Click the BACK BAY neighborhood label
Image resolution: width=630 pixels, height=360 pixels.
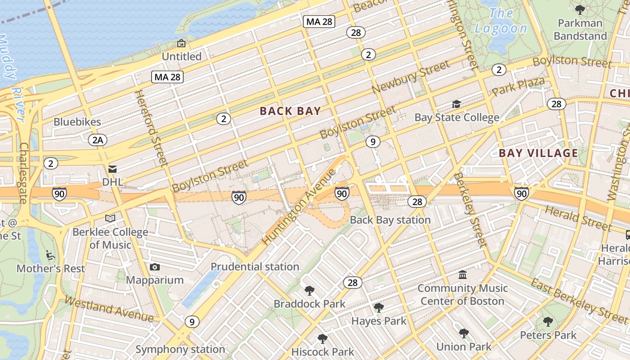pos(290,111)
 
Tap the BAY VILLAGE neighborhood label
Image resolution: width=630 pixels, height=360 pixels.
pos(538,153)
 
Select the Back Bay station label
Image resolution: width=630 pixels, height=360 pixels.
pos(390,220)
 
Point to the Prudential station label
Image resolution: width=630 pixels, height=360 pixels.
pos(255,267)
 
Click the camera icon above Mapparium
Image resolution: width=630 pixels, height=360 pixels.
pos(155,267)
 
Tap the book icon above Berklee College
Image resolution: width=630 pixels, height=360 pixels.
pos(110,219)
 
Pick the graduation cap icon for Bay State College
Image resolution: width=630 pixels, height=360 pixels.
pos(456,104)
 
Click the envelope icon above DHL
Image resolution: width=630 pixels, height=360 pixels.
pos(112,169)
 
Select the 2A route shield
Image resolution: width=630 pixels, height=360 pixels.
pos(98,140)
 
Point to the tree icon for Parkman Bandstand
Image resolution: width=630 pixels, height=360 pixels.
pos(580,9)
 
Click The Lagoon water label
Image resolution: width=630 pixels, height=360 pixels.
pos(501,21)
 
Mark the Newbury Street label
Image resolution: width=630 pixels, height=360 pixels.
pos(411,77)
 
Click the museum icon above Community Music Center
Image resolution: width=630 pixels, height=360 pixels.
pos(463,274)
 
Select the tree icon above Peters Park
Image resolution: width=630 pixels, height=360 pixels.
pos(548,322)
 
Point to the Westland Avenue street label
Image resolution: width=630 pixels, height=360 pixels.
pos(108,309)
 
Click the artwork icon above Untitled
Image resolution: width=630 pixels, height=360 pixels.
pos(181,43)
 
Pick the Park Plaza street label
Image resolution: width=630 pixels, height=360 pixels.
pos(518,86)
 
